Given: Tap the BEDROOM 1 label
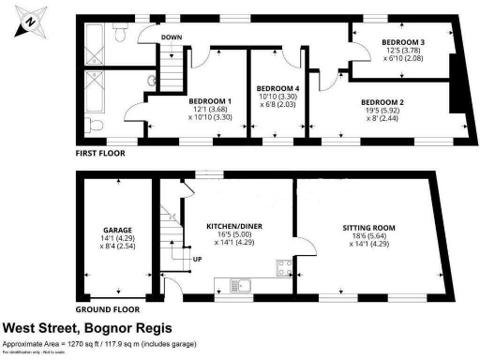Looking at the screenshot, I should (210, 100).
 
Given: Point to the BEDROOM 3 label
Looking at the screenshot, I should (403, 43).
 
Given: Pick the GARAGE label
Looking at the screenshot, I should (116, 230).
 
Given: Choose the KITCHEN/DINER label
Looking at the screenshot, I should (230, 226).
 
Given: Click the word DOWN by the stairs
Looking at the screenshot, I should (172, 38).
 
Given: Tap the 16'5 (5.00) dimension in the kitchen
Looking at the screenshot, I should (230, 235).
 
